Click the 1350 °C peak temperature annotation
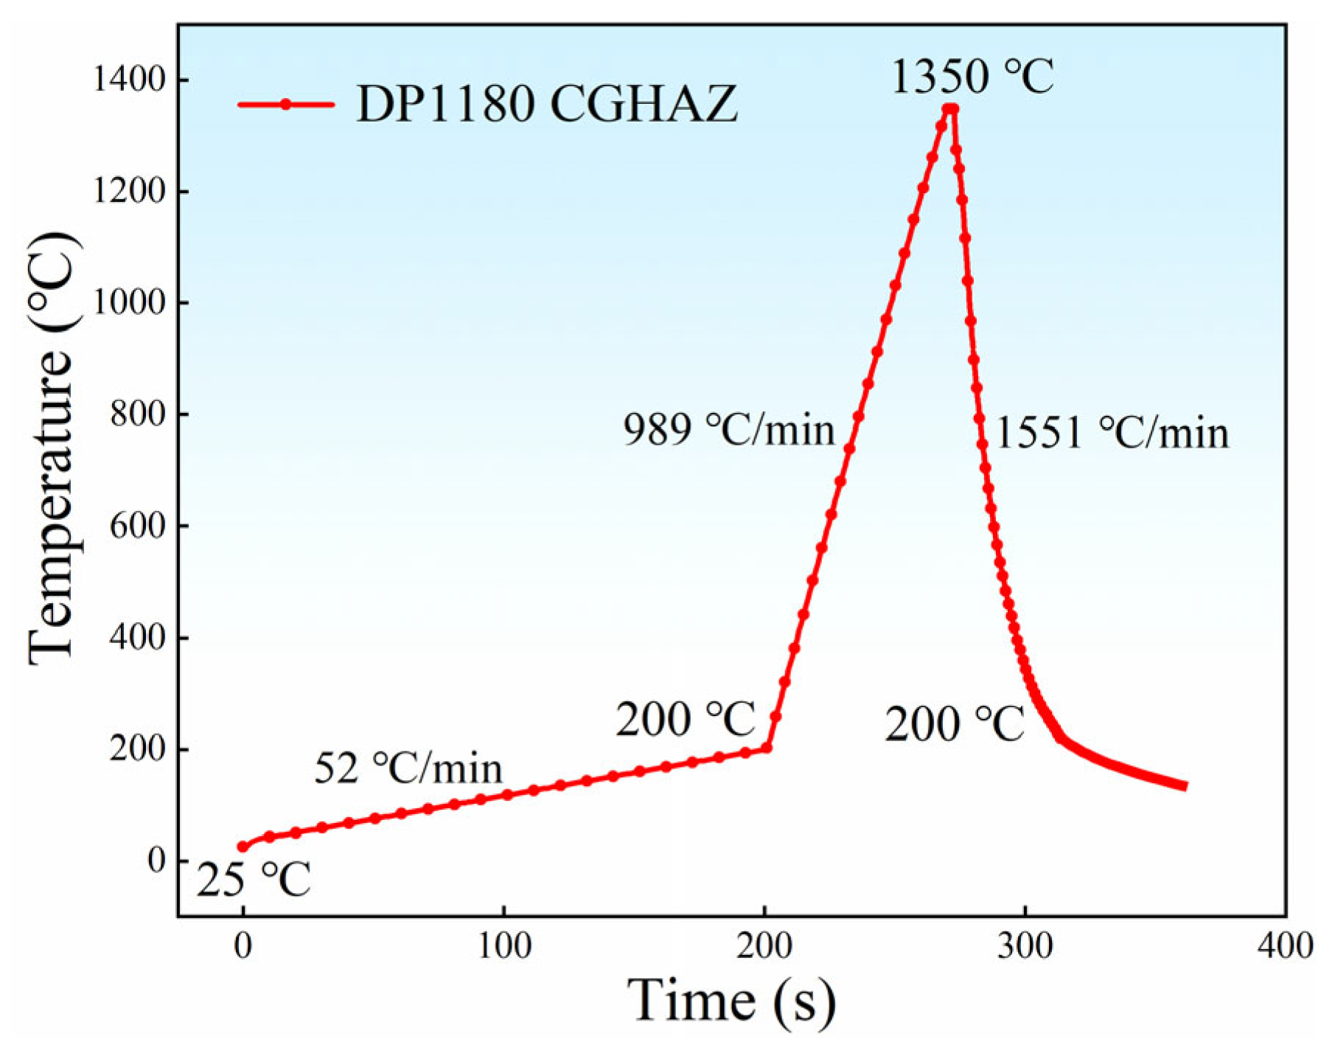coord(972,77)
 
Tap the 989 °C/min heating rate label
coord(729,429)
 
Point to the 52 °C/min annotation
coord(408,768)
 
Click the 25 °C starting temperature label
coord(254,879)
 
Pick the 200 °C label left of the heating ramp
coord(686,719)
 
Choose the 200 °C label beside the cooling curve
coord(954,723)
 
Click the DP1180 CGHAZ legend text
coord(546,104)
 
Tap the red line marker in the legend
coord(286,105)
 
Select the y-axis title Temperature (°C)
coord(53,450)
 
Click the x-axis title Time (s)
coord(731,1001)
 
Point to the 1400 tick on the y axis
coord(128,80)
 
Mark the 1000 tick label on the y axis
coord(128,302)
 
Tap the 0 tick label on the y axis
coord(156,860)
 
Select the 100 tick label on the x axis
coord(504,945)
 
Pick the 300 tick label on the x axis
coord(1025,945)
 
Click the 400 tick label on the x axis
coord(1286,945)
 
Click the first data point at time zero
coord(243,847)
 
